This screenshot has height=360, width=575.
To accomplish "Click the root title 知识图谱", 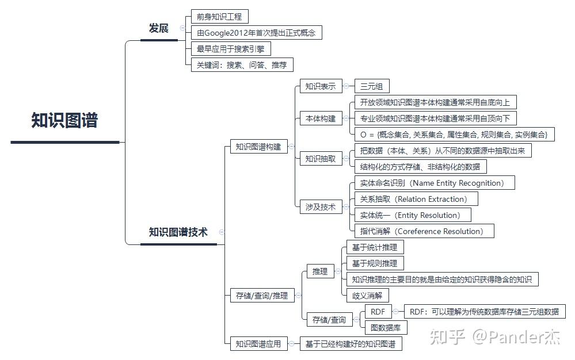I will (64, 121).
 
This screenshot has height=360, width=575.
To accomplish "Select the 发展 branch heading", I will (158, 28).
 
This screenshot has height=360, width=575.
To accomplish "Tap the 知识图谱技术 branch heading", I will (178, 232).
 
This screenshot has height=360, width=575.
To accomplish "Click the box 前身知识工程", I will (219, 17).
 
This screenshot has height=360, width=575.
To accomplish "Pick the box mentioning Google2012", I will (256, 33).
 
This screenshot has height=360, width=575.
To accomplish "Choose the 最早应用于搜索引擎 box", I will (230, 49).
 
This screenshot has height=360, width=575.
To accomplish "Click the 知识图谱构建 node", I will (258, 147).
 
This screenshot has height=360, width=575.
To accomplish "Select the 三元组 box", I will (372, 87).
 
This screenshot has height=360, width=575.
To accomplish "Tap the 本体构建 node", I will (320, 119).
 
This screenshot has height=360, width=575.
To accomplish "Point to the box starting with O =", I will (454, 135).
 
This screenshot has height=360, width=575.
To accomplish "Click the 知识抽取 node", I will (320, 158).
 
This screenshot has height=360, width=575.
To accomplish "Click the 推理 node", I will (320, 271).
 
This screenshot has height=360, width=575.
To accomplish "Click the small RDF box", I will (378, 312).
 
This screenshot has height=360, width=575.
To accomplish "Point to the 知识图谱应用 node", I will (258, 344).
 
